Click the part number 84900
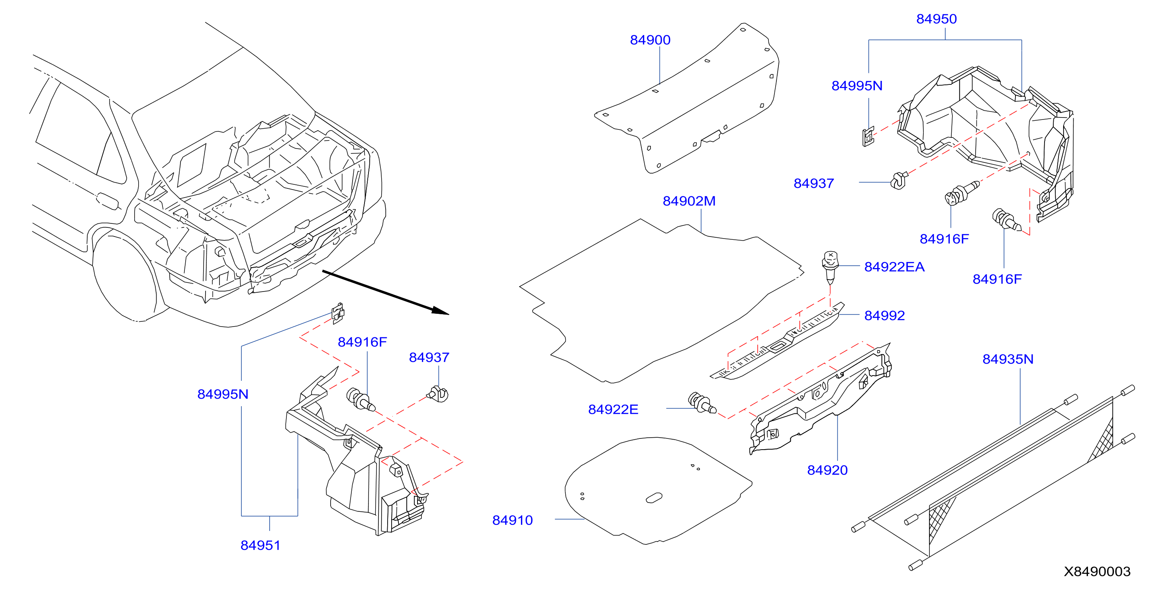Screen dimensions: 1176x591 click(650, 40)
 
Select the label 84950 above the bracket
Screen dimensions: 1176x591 click(936, 19)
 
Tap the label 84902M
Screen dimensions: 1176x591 click(689, 201)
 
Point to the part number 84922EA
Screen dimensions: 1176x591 click(894, 267)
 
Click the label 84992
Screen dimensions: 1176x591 click(884, 316)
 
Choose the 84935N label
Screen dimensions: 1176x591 click(1007, 360)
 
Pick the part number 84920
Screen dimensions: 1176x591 click(827, 470)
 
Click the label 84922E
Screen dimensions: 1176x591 click(613, 410)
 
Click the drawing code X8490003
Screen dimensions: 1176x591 click(1097, 572)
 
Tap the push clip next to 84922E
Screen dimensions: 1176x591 click(702, 403)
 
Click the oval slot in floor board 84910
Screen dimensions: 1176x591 click(654, 497)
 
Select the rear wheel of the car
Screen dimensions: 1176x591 click(124, 276)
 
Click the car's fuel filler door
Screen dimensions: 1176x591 click(108, 201)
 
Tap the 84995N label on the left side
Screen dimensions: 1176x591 click(223, 395)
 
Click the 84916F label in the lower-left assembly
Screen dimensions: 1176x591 click(362, 342)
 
